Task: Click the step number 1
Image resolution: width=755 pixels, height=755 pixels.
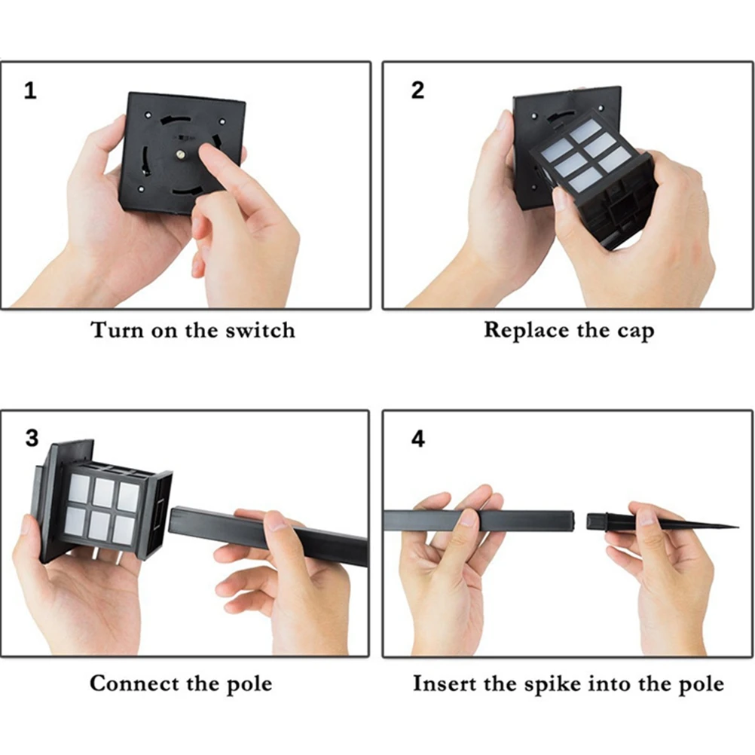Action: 30,90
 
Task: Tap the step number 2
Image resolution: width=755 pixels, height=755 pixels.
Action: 417,90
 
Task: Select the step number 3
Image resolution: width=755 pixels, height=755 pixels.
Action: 32,439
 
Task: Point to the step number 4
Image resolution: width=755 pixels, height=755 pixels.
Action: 418,439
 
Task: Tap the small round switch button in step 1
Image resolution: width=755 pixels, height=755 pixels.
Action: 180,154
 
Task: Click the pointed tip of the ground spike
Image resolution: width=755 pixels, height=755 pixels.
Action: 737,526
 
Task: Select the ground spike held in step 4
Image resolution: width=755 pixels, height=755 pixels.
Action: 662,522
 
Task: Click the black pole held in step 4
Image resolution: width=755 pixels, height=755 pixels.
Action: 479,520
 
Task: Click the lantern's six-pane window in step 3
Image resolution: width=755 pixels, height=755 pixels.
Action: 102,508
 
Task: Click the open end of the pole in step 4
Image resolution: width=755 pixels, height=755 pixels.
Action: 573,520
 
